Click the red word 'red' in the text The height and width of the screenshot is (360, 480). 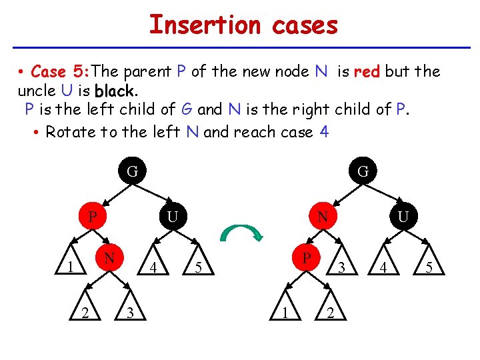coord(367,71)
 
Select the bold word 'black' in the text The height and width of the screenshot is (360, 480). coord(115,90)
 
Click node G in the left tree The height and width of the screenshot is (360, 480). coord(133,172)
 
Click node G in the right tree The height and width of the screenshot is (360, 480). coord(363,171)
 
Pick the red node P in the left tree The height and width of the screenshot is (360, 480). coord(94,217)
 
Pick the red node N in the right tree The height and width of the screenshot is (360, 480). coord(323,217)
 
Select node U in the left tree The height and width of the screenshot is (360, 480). coord(173,217)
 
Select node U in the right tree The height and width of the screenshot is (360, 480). coord(403,217)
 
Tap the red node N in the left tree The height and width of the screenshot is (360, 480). coord(110,257)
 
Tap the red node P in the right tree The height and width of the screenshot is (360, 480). coord(306,257)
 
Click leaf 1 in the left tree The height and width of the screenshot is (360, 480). coord(70,268)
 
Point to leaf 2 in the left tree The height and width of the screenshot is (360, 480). coord(85,313)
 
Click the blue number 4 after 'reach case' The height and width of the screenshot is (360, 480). coord(324,131)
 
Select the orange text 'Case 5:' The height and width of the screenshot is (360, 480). coord(59,71)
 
